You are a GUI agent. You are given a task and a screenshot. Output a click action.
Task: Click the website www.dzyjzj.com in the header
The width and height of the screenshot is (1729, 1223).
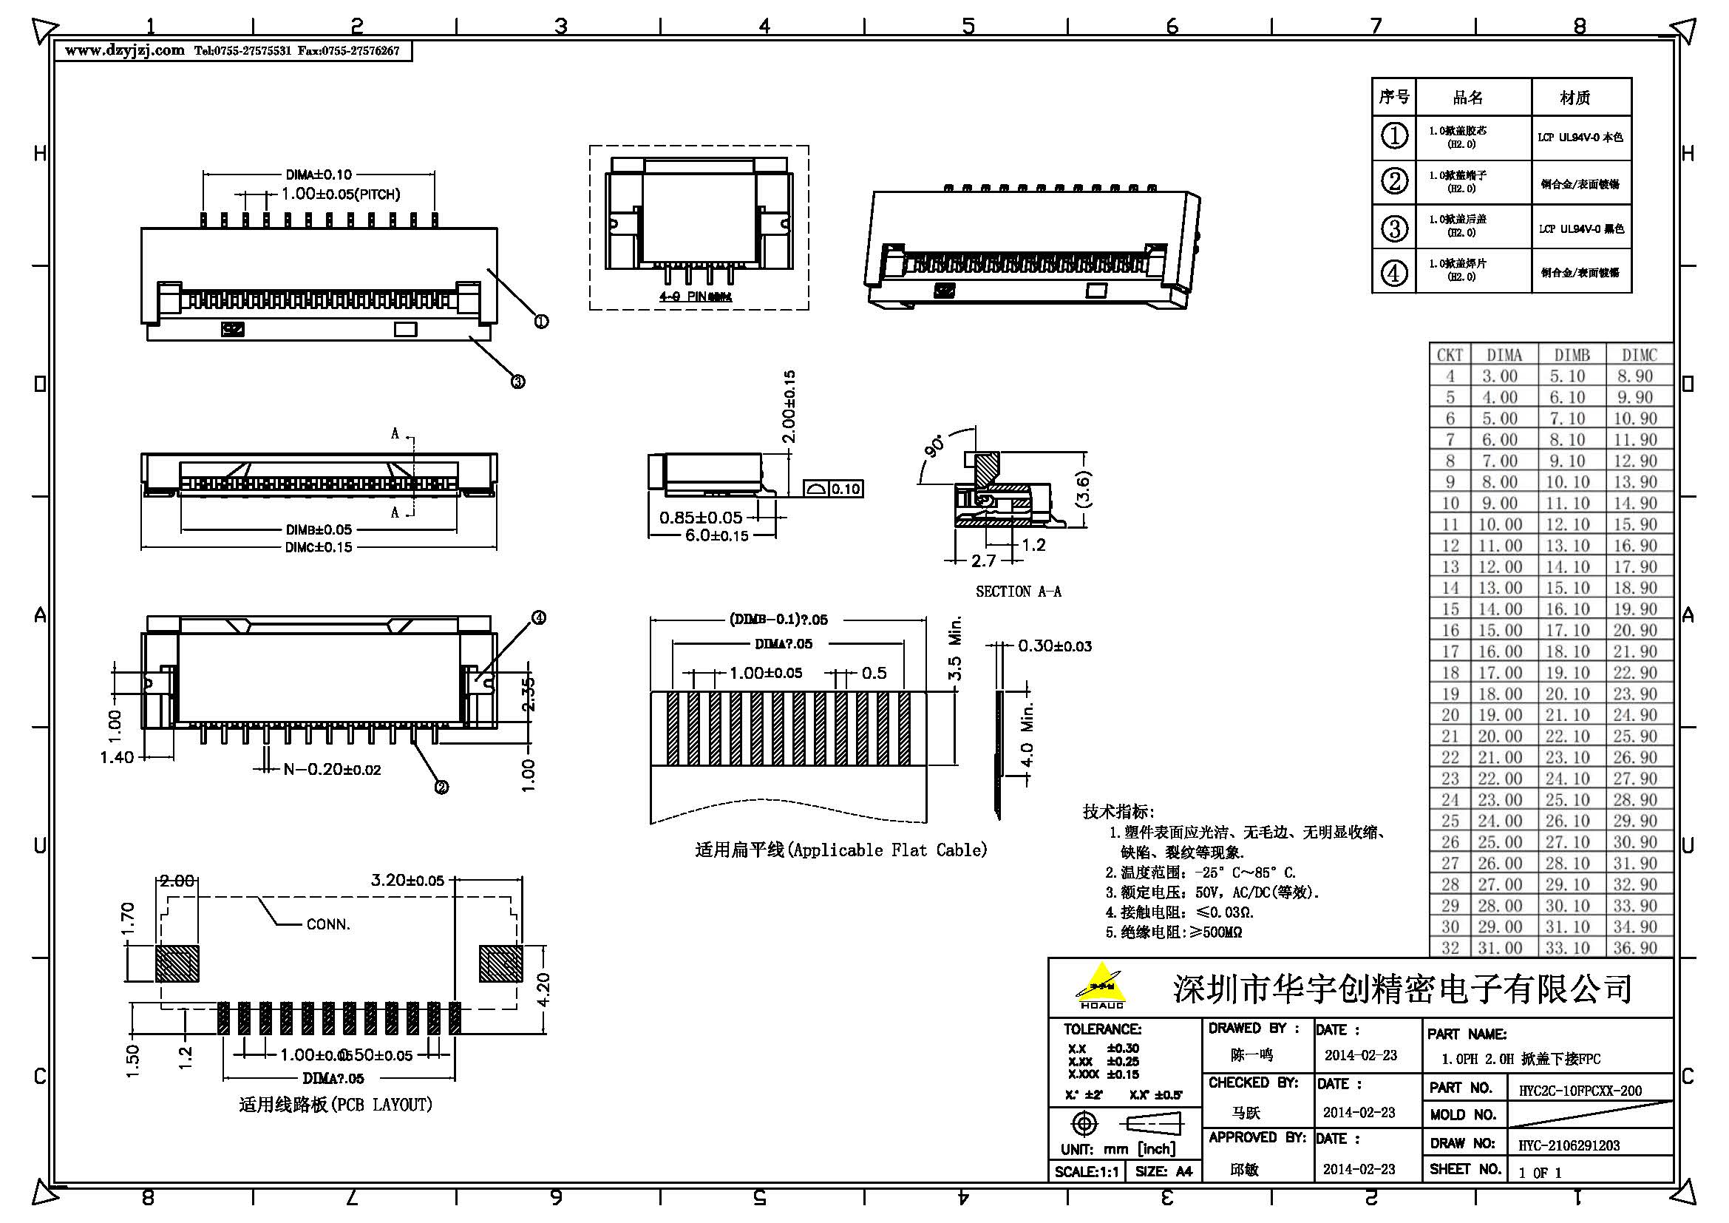(x=124, y=50)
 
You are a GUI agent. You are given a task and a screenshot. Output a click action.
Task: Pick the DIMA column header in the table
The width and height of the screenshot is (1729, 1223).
(x=1504, y=355)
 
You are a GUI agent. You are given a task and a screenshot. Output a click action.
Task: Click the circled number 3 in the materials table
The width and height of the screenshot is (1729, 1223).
(x=1394, y=228)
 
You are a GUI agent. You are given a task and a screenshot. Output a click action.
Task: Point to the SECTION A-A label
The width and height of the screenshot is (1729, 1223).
(x=1018, y=592)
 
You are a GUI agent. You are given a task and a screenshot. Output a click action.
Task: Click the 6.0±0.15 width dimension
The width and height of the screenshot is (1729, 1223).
(x=716, y=535)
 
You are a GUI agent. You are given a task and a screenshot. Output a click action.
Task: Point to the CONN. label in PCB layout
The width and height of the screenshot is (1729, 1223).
(x=328, y=924)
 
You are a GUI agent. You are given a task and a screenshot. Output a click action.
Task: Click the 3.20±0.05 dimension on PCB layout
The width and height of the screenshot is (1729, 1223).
(x=407, y=880)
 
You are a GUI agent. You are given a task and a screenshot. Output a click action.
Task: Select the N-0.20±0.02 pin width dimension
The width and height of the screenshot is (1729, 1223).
(x=332, y=769)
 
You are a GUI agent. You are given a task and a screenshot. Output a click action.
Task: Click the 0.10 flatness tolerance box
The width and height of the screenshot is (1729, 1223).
(x=845, y=489)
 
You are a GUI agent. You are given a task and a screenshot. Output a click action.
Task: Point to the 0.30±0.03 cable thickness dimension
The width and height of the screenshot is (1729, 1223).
(x=1054, y=646)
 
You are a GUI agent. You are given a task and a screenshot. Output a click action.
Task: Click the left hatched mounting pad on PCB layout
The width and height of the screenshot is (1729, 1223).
(x=177, y=964)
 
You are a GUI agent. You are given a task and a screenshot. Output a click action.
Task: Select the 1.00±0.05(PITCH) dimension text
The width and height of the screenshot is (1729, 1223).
(x=340, y=194)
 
